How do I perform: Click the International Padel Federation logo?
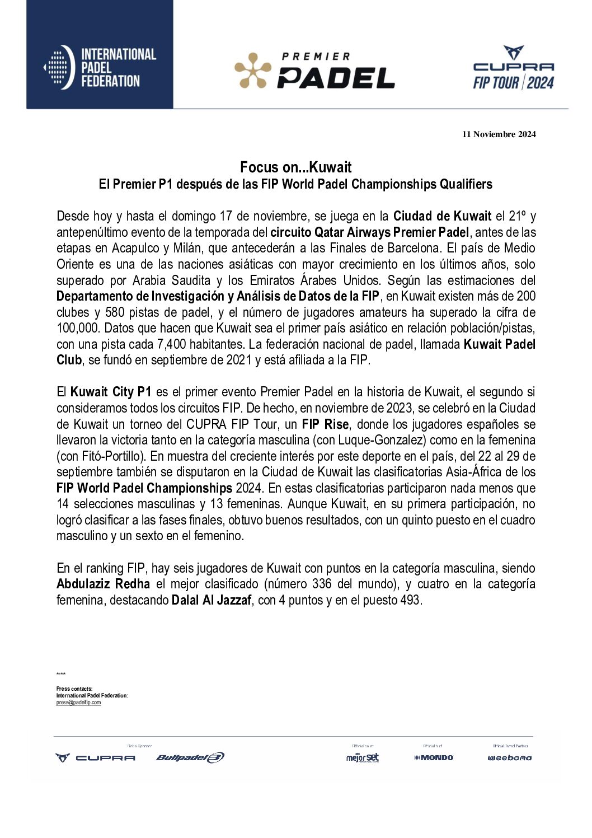[100, 67]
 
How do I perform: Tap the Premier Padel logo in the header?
[314, 71]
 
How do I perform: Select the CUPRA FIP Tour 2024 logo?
[513, 68]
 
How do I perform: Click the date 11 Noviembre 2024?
[499, 134]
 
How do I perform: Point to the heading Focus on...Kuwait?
[295, 167]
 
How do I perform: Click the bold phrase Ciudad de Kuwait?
[442, 216]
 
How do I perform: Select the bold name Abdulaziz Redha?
[103, 584]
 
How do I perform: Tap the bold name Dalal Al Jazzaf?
[212, 600]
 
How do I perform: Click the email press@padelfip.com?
[78, 703]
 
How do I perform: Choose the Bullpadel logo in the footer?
[190, 757]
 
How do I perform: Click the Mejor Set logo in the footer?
[362, 757]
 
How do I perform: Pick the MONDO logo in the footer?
[434, 757]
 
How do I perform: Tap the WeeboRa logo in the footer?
[509, 758]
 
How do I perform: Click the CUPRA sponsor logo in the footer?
[96, 757]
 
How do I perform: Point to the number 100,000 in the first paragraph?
[78, 328]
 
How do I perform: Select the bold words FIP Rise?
[325, 424]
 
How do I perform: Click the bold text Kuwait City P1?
[111, 392]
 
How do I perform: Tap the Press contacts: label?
[74, 689]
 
